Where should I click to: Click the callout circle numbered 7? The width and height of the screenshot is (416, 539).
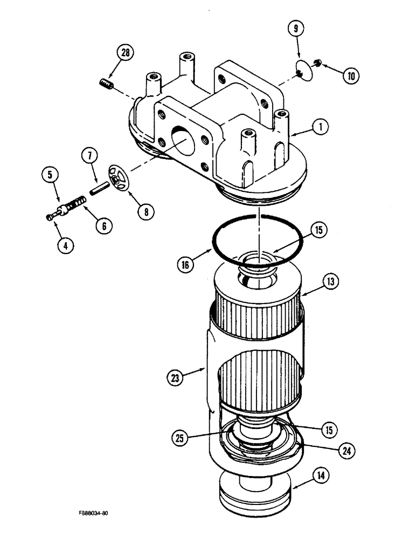(89, 156)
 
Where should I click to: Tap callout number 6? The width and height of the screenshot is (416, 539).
(101, 226)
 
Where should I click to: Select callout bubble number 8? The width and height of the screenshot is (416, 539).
(144, 212)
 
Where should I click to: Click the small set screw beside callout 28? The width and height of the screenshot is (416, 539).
(106, 84)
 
